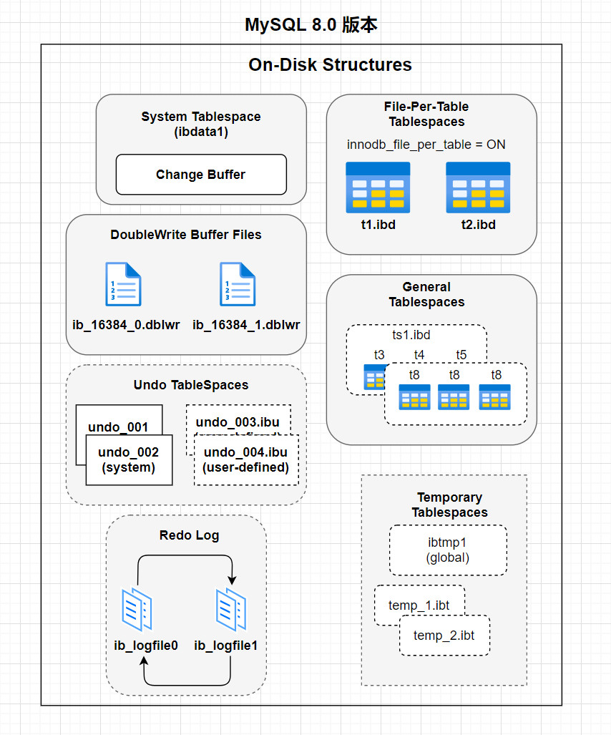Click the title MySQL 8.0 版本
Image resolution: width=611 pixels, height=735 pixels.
tap(311, 25)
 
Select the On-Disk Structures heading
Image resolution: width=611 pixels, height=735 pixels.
tap(330, 65)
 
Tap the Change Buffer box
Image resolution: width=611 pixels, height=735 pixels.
tap(200, 175)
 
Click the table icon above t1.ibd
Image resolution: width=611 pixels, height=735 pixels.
tap(378, 188)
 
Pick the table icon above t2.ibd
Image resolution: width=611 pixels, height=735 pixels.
tap(478, 188)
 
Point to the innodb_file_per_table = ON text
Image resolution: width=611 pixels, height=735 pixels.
tap(426, 145)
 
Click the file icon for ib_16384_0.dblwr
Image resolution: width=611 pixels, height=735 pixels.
tap(123, 284)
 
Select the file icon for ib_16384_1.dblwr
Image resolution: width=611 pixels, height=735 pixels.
tap(238, 284)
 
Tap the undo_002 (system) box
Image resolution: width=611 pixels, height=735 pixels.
tap(128, 460)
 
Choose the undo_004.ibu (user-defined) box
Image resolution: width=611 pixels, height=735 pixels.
tap(246, 460)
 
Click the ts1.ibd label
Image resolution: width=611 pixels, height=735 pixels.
tap(411, 335)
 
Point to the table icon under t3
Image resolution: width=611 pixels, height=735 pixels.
tap(373, 376)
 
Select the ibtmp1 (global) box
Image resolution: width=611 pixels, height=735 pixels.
tap(448, 550)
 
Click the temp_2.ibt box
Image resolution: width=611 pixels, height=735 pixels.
tap(444, 636)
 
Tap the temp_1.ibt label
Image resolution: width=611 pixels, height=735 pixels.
tap(419, 605)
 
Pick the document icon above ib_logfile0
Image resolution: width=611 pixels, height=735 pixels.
tap(137, 609)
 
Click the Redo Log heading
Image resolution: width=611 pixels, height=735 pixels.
tap(189, 535)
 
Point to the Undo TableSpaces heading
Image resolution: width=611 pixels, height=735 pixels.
tap(191, 385)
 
